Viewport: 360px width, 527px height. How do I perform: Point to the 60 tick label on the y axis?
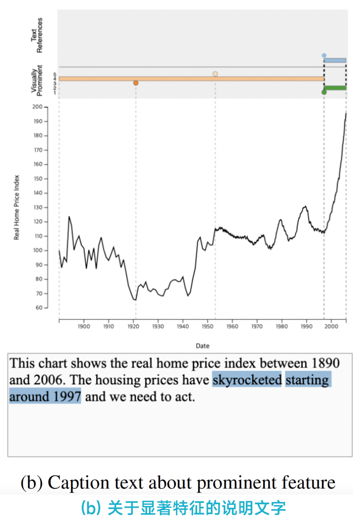pos(39,308)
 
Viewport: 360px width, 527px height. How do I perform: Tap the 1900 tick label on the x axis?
pos(83,326)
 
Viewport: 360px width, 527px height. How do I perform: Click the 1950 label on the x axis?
pos(207,326)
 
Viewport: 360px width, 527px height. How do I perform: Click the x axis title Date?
pos(202,346)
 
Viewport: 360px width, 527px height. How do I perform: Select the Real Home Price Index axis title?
pos(16,207)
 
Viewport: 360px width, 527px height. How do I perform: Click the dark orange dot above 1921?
pos(136,83)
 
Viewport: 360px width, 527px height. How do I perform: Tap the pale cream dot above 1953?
pos(215,74)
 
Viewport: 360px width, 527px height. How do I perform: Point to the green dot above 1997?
pos(324,92)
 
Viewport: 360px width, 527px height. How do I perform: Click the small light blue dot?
pos(324,56)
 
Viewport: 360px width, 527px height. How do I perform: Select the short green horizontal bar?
pos(335,88)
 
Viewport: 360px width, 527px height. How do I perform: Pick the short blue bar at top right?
pos(335,60)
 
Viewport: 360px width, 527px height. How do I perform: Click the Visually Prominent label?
pos(37,79)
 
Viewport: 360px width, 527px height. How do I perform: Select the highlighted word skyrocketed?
pos(247,380)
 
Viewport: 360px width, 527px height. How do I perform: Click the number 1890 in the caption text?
pos(326,364)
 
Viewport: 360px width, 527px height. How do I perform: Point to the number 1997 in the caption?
pos(65,397)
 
